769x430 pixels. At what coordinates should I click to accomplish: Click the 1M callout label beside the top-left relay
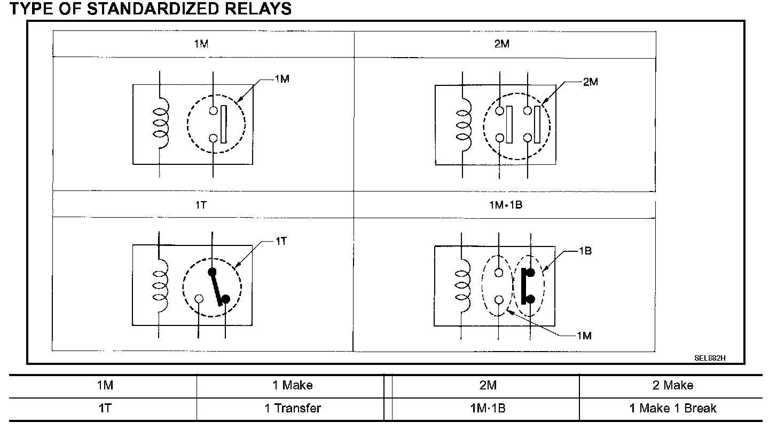[282, 79]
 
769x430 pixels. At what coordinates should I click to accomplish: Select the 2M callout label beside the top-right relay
[591, 82]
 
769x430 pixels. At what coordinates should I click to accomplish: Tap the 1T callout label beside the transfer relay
[281, 241]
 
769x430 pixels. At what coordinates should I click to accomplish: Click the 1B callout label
[585, 250]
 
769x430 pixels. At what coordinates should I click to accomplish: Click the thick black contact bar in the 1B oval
[524, 286]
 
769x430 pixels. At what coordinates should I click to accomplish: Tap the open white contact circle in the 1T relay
[199, 299]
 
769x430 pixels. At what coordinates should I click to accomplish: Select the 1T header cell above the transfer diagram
[201, 204]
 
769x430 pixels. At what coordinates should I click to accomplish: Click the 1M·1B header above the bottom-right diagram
[502, 204]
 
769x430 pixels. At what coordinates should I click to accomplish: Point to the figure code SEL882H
[710, 357]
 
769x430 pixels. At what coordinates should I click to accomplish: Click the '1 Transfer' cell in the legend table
[293, 409]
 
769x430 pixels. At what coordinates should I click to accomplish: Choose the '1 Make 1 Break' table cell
[673, 409]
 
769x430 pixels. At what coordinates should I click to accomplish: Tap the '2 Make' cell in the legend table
[673, 385]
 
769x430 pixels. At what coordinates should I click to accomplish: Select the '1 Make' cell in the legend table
[293, 385]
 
